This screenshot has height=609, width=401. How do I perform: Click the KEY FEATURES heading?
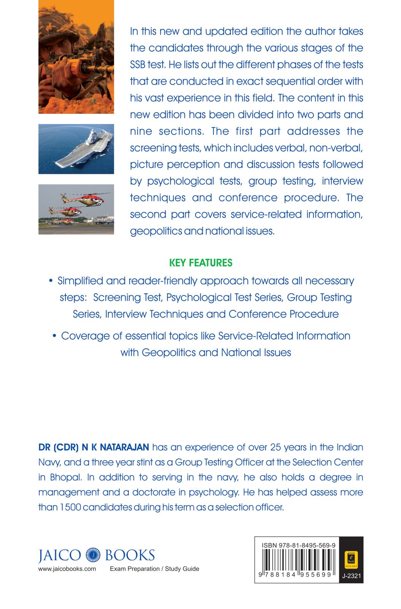(x=200, y=263)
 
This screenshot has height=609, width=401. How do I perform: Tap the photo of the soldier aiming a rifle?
(x=76, y=57)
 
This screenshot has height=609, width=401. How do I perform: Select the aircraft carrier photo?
(x=76, y=149)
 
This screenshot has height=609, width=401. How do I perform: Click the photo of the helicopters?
(x=76, y=209)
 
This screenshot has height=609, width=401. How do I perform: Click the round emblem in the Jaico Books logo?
(x=93, y=555)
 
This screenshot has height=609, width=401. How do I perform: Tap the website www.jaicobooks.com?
(x=67, y=569)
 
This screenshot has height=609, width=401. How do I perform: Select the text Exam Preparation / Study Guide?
(x=154, y=569)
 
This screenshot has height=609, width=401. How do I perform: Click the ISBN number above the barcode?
(x=298, y=545)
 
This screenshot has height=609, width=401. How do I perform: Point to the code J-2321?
(x=351, y=576)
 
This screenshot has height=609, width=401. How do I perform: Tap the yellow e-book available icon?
(x=351, y=559)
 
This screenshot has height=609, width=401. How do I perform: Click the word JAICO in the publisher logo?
(x=60, y=555)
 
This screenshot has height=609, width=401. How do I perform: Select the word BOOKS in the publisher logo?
(x=130, y=555)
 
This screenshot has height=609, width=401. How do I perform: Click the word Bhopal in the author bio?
(x=65, y=477)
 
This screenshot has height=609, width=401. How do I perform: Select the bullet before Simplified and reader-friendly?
(x=51, y=281)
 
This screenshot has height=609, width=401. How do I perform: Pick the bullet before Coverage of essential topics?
(x=54, y=336)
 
